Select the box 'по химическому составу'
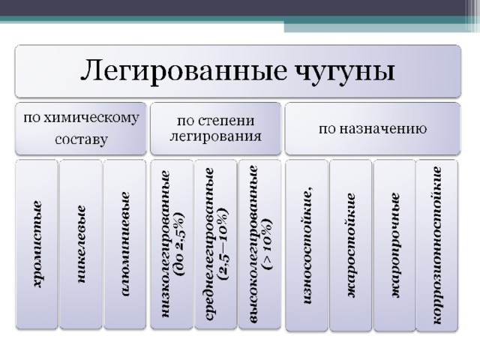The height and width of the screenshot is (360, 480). pos(81,128)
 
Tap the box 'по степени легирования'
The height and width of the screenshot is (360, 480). pos(215,128)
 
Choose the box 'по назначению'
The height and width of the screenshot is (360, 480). pos(373,128)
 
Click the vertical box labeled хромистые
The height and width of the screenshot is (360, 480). pos(37,244)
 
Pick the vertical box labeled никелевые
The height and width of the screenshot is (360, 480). pos(81,244)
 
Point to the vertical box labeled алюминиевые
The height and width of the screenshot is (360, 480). pos(125,244)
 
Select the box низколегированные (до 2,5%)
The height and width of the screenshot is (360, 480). pos(172,244)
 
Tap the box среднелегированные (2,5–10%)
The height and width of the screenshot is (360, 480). pos(216,244)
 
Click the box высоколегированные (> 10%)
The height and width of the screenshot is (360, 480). pos(260,244)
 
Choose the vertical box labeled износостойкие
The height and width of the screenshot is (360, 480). pos(307,245)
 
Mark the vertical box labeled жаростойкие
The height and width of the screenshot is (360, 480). pos(350,245)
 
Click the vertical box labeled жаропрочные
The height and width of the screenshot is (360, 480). pos(394,245)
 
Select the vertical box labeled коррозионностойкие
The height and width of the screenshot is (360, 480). pos(437,245)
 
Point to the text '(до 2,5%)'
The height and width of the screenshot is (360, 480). pos(179,244)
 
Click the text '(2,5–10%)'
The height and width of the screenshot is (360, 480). pos(223,244)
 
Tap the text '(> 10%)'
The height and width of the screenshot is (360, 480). pos(267,244)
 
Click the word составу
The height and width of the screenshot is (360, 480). pos(82,140)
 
